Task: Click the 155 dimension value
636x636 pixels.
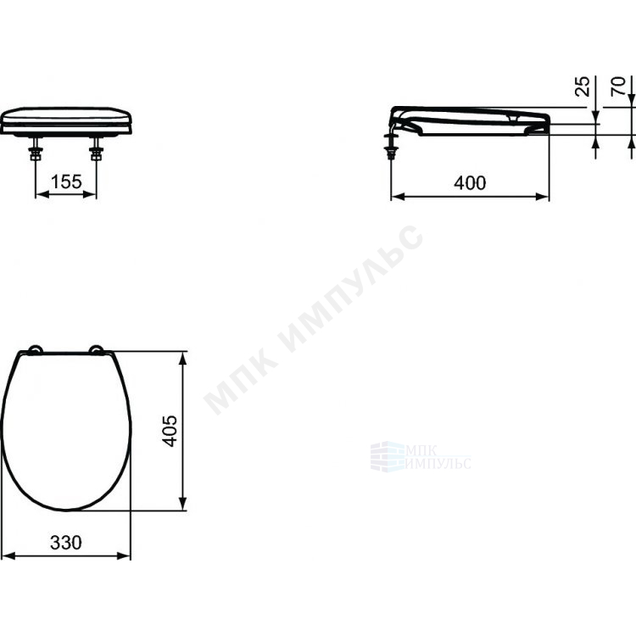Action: pyautogui.click(x=66, y=181)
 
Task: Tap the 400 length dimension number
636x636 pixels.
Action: pyautogui.click(x=470, y=183)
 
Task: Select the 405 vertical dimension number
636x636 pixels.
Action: pyautogui.click(x=170, y=431)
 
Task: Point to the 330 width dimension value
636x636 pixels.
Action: pyautogui.click(x=65, y=543)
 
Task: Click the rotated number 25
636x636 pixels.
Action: pyautogui.click(x=583, y=86)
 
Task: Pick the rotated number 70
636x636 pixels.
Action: pyautogui.click(x=618, y=86)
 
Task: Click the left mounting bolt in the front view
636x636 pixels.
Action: pyautogui.click(x=36, y=149)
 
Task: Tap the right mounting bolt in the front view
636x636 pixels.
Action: pyautogui.click(x=97, y=149)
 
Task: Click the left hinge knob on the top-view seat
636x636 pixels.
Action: pyautogui.click(x=35, y=350)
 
